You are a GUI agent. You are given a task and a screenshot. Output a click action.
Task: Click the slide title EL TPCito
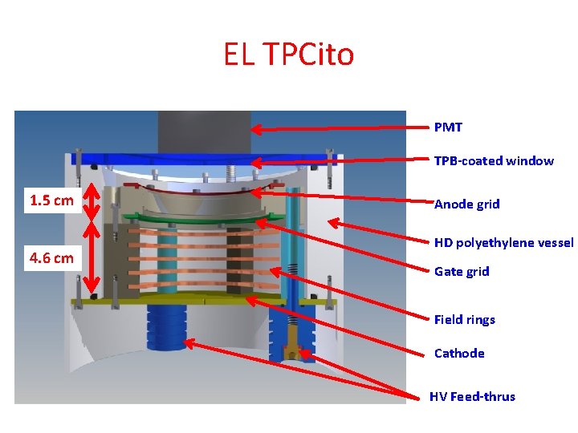coord(288,55)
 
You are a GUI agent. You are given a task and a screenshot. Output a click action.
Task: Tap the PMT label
coord(448,127)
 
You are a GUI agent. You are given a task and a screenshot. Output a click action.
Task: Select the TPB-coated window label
coord(494,161)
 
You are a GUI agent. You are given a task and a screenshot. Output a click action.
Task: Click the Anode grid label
coord(466,204)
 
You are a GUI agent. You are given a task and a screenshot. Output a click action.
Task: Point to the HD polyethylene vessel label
coord(503,243)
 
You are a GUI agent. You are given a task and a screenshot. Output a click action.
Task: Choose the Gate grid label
coord(462,272)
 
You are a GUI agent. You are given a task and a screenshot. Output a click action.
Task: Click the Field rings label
coord(464,320)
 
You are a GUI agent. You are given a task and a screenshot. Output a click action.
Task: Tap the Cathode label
coord(459,354)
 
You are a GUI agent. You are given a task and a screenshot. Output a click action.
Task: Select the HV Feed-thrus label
coord(472,397)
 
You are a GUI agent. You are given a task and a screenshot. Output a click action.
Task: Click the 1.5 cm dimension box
coord(51,200)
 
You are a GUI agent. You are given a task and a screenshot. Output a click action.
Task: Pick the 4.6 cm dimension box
coord(51,257)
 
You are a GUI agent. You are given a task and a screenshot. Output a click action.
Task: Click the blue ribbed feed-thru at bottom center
coord(166,329)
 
